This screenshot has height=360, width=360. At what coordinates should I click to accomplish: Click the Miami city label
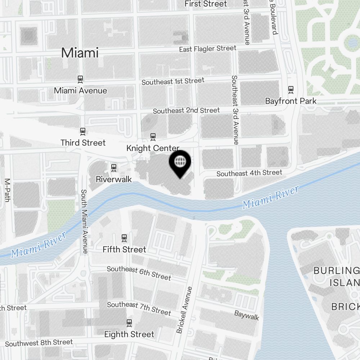point(80,53)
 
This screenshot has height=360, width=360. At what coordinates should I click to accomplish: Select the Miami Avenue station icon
point(80,79)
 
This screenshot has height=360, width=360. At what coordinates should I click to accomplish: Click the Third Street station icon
point(83,131)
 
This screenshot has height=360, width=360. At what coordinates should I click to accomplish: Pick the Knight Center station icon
point(153,137)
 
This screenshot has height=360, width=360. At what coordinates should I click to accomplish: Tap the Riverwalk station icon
point(114,167)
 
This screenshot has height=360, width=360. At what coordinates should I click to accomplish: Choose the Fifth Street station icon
point(124,238)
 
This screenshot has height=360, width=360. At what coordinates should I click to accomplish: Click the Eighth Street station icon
point(129,323)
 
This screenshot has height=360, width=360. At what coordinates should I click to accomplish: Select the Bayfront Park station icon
point(291,89)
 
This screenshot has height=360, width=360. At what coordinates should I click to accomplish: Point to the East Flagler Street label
point(208,48)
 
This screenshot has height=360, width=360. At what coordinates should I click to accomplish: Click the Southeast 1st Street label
point(173,81)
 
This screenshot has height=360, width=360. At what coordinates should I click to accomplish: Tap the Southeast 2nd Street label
point(186,110)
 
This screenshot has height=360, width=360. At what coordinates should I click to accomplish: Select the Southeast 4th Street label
point(249,173)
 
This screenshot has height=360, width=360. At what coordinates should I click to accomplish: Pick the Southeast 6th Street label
point(139,273)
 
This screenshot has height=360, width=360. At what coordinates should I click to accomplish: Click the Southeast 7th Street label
point(139,308)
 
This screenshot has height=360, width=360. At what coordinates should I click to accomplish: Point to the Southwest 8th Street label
point(39,343)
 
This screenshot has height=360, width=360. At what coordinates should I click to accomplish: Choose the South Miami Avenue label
point(84,221)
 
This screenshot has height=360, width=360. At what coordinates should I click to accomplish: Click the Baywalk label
point(247,315)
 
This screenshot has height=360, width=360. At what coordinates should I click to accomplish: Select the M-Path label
point(7,190)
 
